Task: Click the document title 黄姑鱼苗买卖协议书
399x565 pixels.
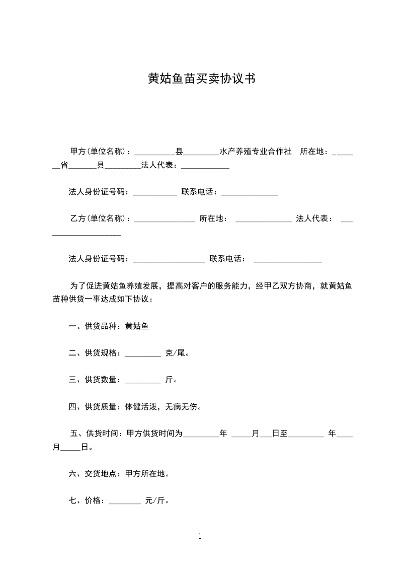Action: (x=199, y=79)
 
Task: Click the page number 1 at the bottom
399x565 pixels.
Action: (x=200, y=536)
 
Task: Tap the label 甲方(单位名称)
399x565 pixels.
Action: (x=100, y=152)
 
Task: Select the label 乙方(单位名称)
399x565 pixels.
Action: (x=100, y=219)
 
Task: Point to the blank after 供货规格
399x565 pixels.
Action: (x=142, y=353)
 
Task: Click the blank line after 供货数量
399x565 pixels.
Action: (x=142, y=380)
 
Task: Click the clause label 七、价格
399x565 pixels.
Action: (x=85, y=501)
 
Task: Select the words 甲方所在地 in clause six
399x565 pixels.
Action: (x=144, y=474)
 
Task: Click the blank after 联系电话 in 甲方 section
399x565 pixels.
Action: (x=249, y=192)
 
